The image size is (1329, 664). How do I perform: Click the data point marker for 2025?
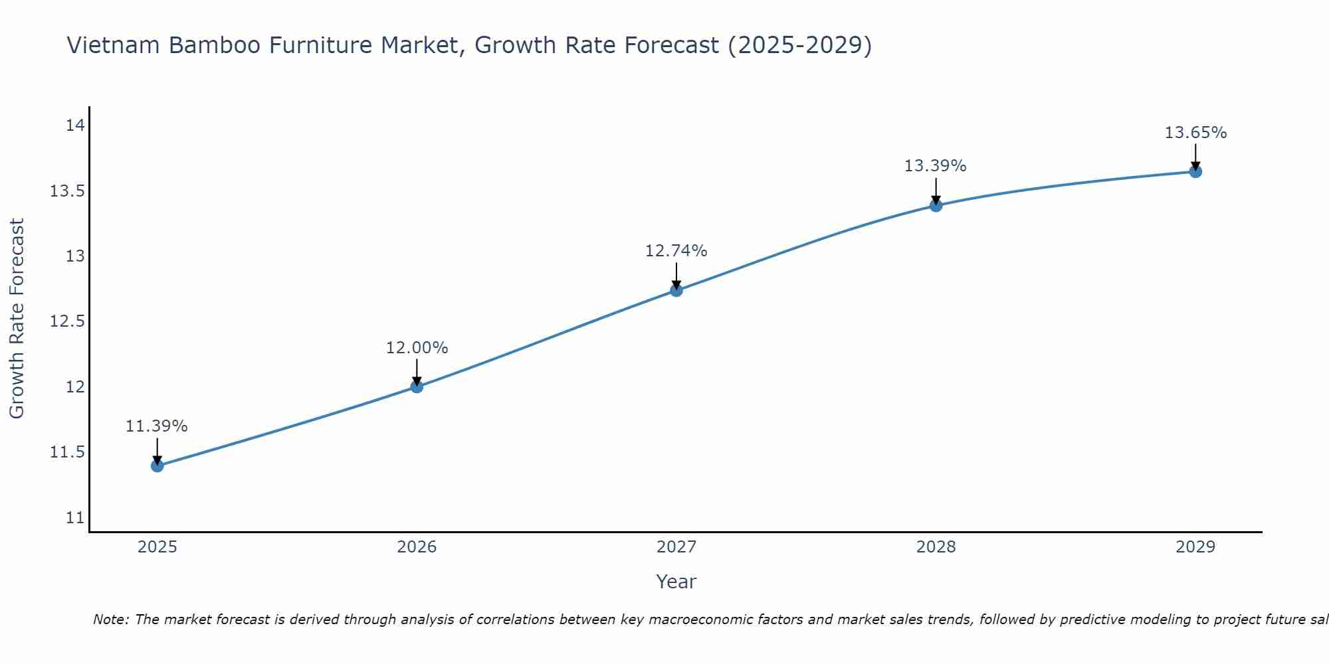point(157,465)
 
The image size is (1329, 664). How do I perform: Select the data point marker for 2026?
point(417,386)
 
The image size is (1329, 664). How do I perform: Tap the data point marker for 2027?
point(676,290)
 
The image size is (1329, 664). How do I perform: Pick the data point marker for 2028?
point(936,205)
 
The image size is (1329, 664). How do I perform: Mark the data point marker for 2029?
point(1195,171)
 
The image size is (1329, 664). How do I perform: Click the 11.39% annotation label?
point(157,426)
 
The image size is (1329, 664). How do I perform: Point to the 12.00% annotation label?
point(417,348)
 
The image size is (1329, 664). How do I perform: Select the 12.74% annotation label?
point(676,251)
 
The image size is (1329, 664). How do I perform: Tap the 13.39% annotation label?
point(936,166)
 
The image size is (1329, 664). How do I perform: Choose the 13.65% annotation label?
point(1195,133)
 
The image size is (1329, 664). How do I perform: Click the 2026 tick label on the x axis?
point(417,547)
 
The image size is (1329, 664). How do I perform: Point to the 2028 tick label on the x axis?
point(936,547)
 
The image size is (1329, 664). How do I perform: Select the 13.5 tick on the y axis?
point(68,191)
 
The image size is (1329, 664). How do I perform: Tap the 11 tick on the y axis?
point(75,518)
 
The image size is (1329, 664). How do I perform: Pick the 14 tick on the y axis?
point(75,125)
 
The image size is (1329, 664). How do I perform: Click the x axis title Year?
point(676,582)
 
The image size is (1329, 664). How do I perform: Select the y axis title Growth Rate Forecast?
point(17,319)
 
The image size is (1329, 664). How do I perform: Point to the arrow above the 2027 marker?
point(676,275)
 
